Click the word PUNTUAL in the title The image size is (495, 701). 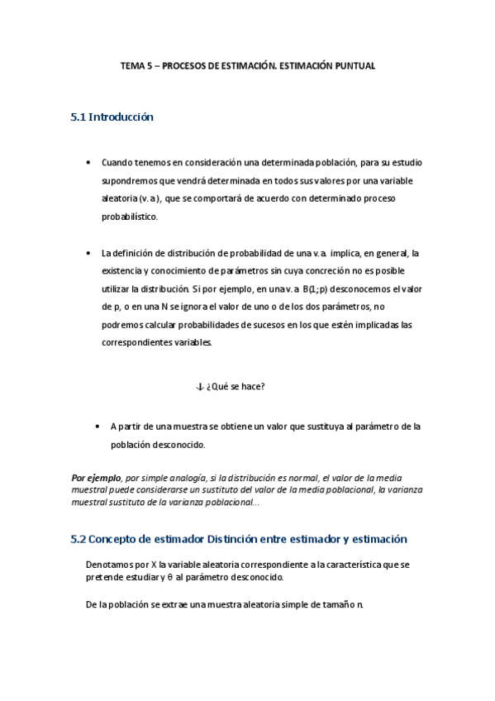pyautogui.click(x=355, y=65)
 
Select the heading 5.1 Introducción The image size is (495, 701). pyautogui.click(x=112, y=117)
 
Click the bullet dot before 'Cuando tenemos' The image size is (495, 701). pyautogui.click(x=88, y=163)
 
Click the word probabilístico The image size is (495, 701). pyautogui.click(x=129, y=217)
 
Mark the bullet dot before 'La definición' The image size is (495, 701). pyautogui.click(x=88, y=253)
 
